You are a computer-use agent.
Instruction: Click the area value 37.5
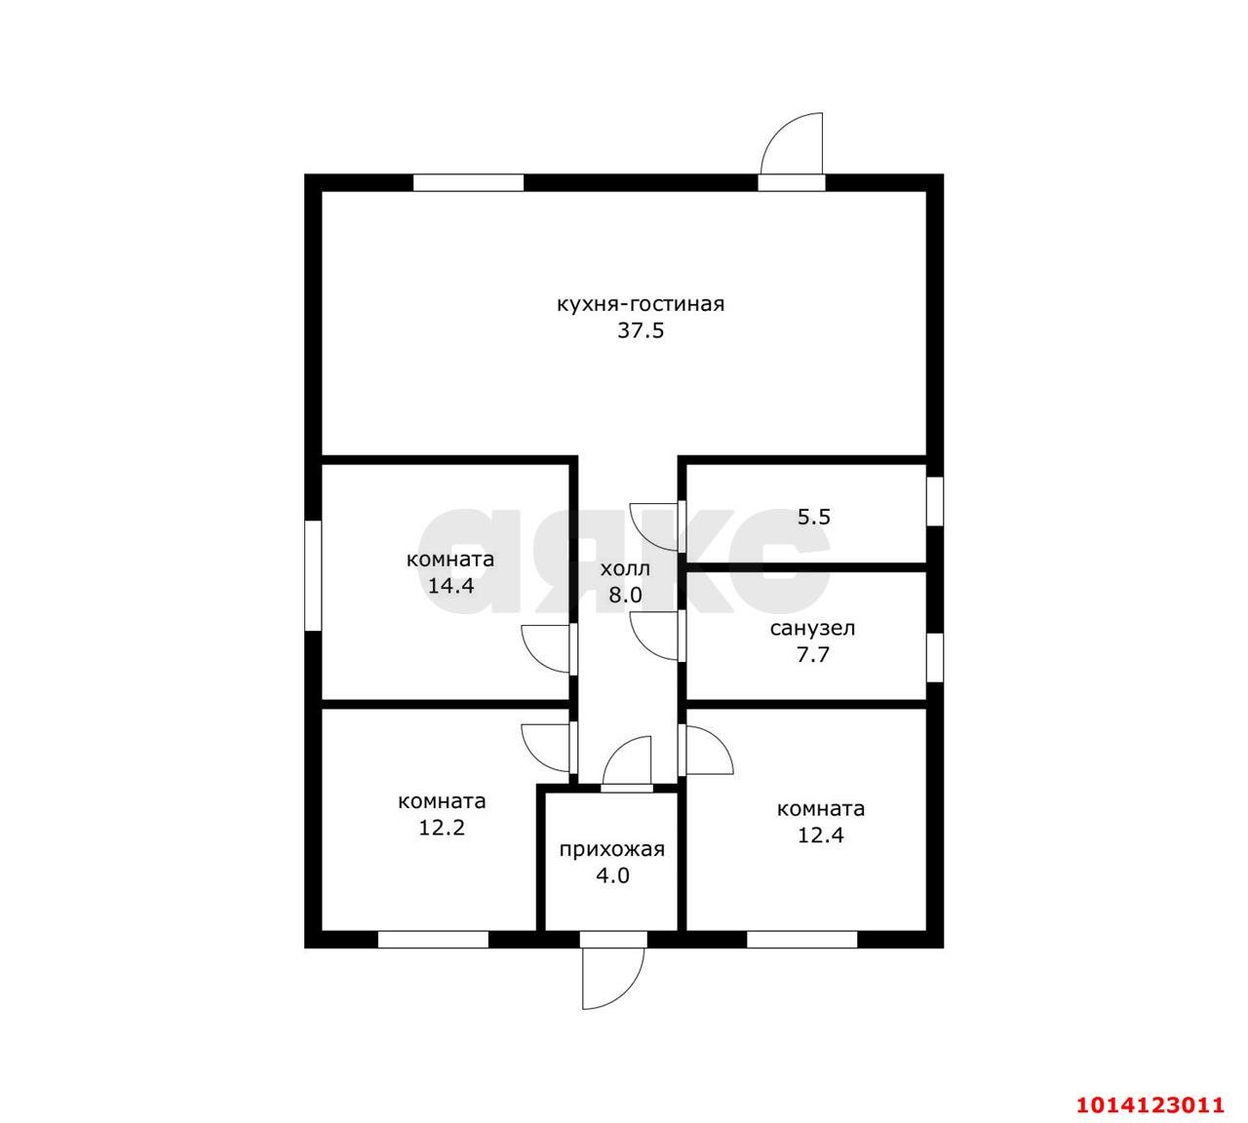click(641, 330)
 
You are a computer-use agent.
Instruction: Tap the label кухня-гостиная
click(641, 304)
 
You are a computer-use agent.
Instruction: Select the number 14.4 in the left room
click(450, 586)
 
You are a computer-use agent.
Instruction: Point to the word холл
click(625, 568)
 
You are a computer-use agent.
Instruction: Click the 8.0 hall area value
click(625, 595)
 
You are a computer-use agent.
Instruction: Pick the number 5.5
click(814, 517)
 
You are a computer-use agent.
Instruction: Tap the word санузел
click(812, 629)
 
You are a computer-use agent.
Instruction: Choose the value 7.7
click(812, 654)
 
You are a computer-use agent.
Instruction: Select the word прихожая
click(612, 850)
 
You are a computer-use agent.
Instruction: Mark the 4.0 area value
click(612, 876)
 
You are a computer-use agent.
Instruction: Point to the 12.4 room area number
click(821, 835)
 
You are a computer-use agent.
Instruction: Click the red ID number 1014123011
click(1150, 1104)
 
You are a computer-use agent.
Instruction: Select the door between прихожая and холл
click(627, 761)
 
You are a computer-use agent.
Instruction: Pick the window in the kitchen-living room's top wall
click(468, 183)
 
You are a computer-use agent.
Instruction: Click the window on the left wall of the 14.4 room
click(313, 575)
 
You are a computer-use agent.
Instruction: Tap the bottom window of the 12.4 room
click(801, 940)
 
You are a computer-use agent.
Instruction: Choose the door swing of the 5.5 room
click(654, 526)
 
